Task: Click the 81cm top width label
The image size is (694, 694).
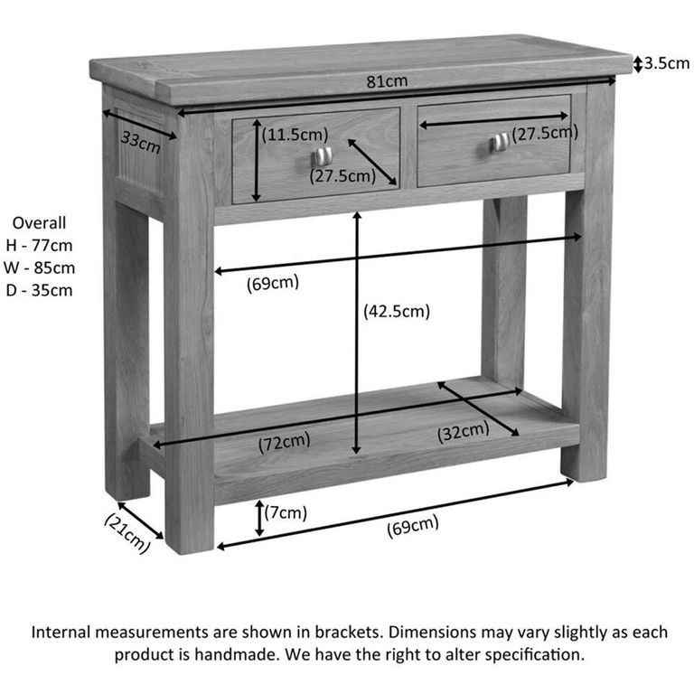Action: (x=387, y=81)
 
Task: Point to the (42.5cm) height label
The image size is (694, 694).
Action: (x=396, y=312)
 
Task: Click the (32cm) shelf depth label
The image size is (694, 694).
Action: (x=464, y=432)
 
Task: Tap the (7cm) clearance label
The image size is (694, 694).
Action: (x=286, y=513)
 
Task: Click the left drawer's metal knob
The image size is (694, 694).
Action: (x=323, y=156)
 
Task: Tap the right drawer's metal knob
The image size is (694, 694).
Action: (x=499, y=142)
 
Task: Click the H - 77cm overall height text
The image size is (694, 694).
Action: (x=39, y=245)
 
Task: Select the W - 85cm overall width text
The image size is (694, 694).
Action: (x=39, y=267)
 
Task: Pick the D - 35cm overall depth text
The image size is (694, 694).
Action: (x=39, y=290)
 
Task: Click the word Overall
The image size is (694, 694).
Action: (x=39, y=222)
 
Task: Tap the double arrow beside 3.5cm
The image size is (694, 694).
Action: (x=637, y=63)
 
